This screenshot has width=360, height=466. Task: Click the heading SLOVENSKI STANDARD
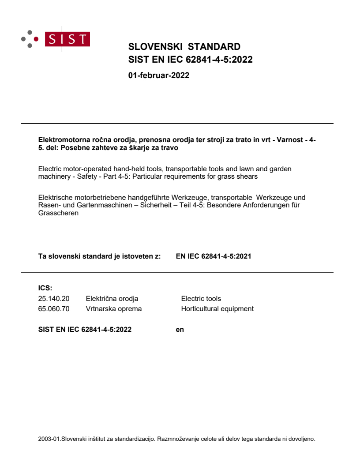coord(184,47)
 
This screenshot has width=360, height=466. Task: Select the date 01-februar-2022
coord(158,75)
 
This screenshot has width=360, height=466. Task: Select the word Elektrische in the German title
coord(55,197)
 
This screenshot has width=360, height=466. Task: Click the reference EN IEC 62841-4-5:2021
coord(213,256)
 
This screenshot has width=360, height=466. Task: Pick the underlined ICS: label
coord(45,288)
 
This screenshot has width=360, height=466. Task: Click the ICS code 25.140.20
coord(54,299)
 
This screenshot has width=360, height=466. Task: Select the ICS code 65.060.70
coord(54,309)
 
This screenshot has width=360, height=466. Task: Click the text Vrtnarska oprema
coord(114,309)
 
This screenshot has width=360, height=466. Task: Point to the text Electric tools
coord(201,299)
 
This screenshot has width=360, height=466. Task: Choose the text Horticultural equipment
coord(217,309)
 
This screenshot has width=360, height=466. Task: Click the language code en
coord(180,329)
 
